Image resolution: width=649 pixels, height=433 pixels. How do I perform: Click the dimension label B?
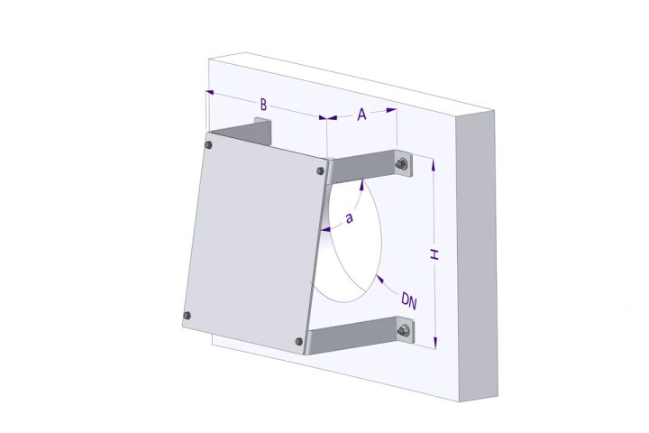pyautogui.click(x=262, y=104)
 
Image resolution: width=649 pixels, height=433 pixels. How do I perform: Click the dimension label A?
pyautogui.click(x=361, y=115)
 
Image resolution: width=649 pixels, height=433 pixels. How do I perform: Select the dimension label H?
pyautogui.click(x=434, y=254)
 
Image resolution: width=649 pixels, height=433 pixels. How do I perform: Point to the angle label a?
pyautogui.click(x=350, y=217)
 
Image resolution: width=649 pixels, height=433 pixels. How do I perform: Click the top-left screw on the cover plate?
pyautogui.click(x=209, y=144)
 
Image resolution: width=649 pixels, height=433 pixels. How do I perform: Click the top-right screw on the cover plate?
pyautogui.click(x=321, y=170)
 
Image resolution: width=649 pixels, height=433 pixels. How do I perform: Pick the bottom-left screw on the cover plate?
pyautogui.click(x=187, y=315)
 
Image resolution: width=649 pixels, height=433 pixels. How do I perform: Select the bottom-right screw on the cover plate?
pyautogui.click(x=298, y=340)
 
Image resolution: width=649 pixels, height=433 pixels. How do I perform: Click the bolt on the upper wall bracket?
pyautogui.click(x=399, y=163)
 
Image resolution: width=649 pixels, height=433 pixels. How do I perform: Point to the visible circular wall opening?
pyautogui.click(x=356, y=239)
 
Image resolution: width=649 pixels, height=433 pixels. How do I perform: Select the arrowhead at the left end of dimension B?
pyautogui.click(x=210, y=91)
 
